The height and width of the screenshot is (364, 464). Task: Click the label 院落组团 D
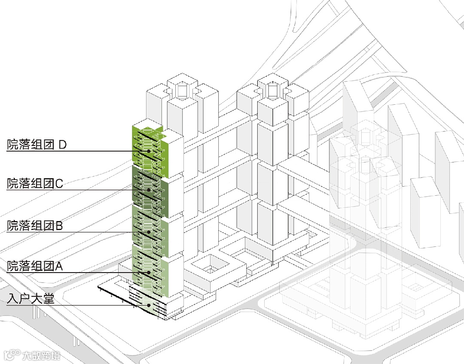click(x=37, y=145)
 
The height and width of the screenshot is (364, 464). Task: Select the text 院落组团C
click(x=35, y=184)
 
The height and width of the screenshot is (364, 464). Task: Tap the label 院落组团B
click(x=35, y=225)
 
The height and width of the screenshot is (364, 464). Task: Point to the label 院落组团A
click(x=35, y=266)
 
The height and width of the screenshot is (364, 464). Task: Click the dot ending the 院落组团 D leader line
click(x=149, y=151)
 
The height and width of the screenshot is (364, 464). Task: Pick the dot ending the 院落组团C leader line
click(x=149, y=190)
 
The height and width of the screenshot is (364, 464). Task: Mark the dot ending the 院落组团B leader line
click(x=149, y=232)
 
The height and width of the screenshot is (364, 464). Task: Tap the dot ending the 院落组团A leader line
click(x=149, y=273)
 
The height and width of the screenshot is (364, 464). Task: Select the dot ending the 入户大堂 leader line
click(x=149, y=305)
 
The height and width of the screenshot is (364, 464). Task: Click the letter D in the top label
click(x=63, y=145)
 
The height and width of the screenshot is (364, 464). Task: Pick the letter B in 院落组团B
click(x=59, y=225)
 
